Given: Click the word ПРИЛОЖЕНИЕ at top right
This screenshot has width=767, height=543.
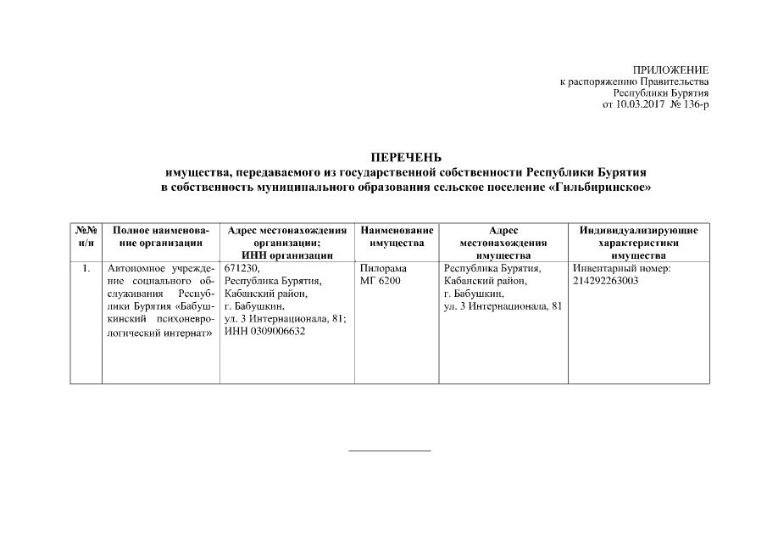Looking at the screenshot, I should [x=670, y=69].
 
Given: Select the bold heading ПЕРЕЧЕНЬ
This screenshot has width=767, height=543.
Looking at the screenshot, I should [x=407, y=157].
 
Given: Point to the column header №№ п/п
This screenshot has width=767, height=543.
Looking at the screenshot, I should [x=86, y=237].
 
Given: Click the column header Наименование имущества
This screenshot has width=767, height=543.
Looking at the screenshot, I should [x=397, y=237].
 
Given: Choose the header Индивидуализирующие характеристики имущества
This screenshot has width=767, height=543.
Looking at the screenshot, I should [x=638, y=243].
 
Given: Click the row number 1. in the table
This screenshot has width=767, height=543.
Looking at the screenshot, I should [x=86, y=268].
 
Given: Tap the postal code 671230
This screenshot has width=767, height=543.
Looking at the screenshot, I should [x=242, y=268].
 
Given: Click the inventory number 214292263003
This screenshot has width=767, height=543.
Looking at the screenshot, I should [x=606, y=281].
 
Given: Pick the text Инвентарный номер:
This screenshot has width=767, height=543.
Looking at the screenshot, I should [x=621, y=268].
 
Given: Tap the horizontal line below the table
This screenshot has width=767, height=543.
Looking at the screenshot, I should [x=390, y=451].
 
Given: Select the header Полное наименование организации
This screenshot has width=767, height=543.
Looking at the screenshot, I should [x=160, y=237].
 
